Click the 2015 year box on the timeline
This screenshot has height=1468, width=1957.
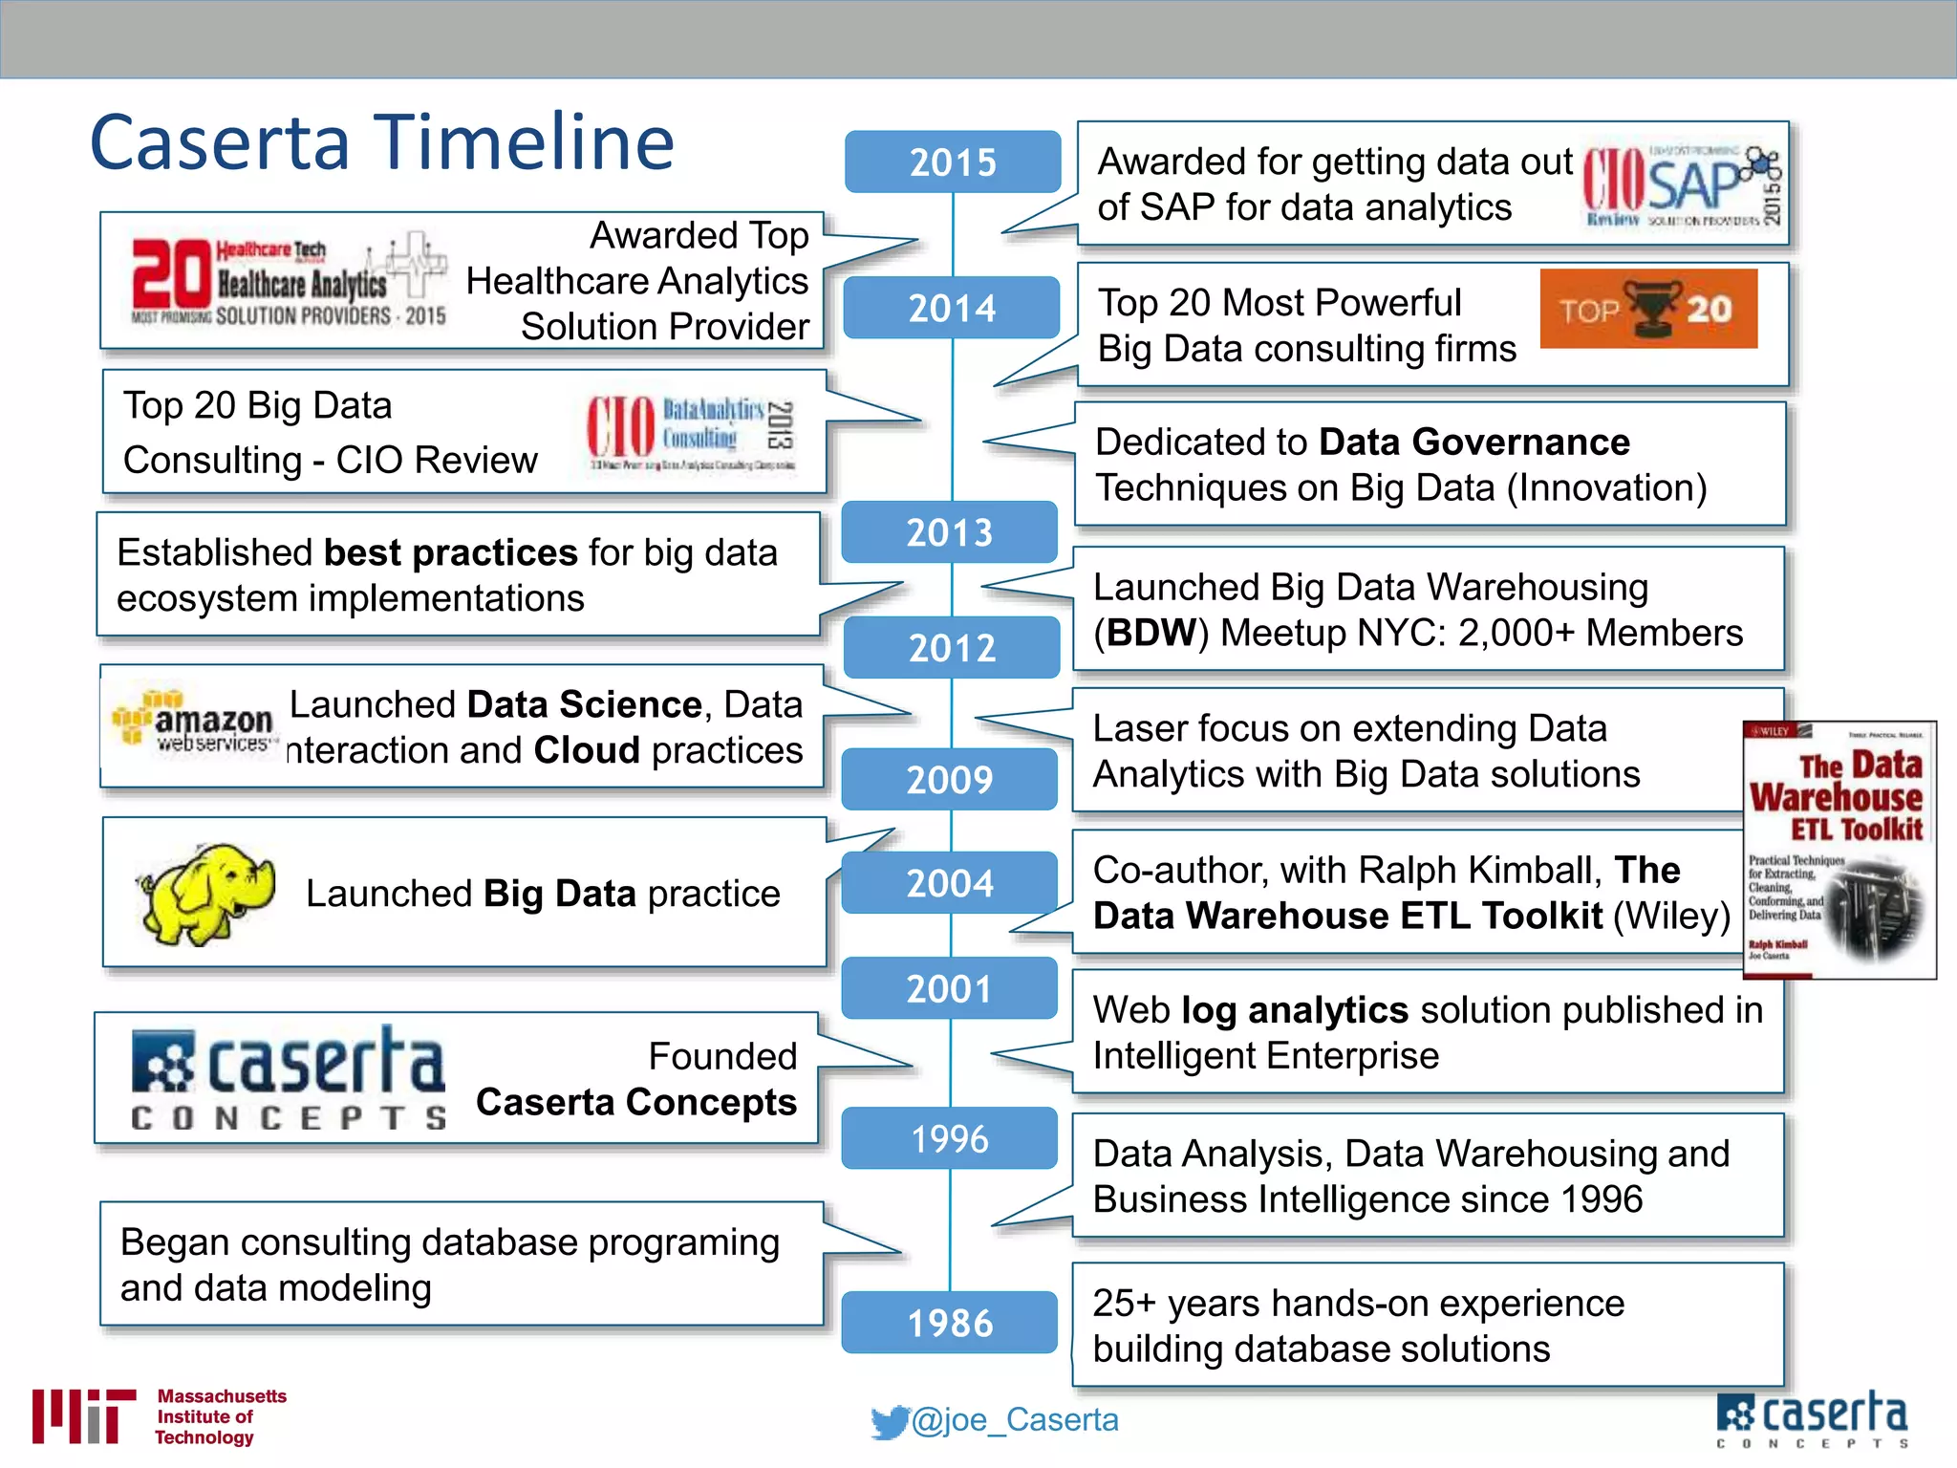pyautogui.click(x=952, y=162)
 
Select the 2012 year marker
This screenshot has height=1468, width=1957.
pyautogui.click(x=952, y=648)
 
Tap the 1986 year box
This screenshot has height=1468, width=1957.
pyautogui.click(x=950, y=1323)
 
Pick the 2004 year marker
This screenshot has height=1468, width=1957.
pyautogui.click(x=950, y=882)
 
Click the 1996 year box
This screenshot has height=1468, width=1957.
pyautogui.click(x=950, y=1138)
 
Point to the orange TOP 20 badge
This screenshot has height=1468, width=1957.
pyautogui.click(x=1647, y=309)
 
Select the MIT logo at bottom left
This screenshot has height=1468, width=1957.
pyautogui.click(x=84, y=1416)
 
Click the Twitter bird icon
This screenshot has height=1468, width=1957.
pyautogui.click(x=889, y=1422)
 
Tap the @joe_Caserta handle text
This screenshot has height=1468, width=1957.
pyautogui.click(x=1015, y=1420)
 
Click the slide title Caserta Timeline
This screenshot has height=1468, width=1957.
pyautogui.click(x=382, y=142)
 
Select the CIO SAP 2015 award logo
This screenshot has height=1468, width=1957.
pyautogui.click(x=1682, y=184)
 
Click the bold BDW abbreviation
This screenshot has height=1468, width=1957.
pyautogui.click(x=1151, y=633)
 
